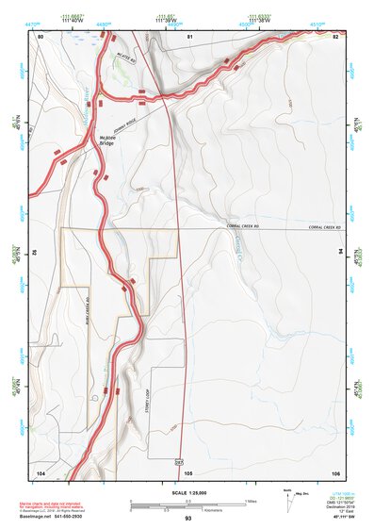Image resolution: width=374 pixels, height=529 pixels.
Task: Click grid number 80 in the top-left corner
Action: [41, 36]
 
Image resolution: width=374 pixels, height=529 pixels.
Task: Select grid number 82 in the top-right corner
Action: [334, 36]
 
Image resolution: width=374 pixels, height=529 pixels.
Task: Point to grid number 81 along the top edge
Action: [189, 36]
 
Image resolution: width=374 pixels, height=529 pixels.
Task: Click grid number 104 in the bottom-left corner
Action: [41, 471]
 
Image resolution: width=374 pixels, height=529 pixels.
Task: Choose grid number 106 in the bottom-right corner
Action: [334, 471]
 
